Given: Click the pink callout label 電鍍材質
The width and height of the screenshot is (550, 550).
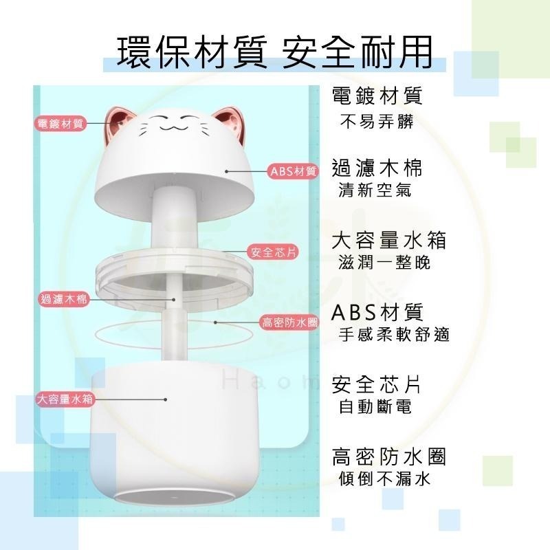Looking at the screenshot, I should [x=58, y=124].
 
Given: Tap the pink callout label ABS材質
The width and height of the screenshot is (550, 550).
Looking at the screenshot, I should [x=294, y=171].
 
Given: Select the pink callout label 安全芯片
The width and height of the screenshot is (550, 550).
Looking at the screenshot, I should [x=273, y=252].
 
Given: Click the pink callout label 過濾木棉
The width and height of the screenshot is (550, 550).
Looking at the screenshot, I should [x=63, y=298].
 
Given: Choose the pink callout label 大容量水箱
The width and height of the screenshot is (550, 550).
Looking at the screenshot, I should [x=65, y=399].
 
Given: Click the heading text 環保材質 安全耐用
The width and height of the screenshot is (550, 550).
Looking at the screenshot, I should [x=275, y=52].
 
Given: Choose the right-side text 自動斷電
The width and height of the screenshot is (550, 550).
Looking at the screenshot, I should [x=375, y=407].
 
